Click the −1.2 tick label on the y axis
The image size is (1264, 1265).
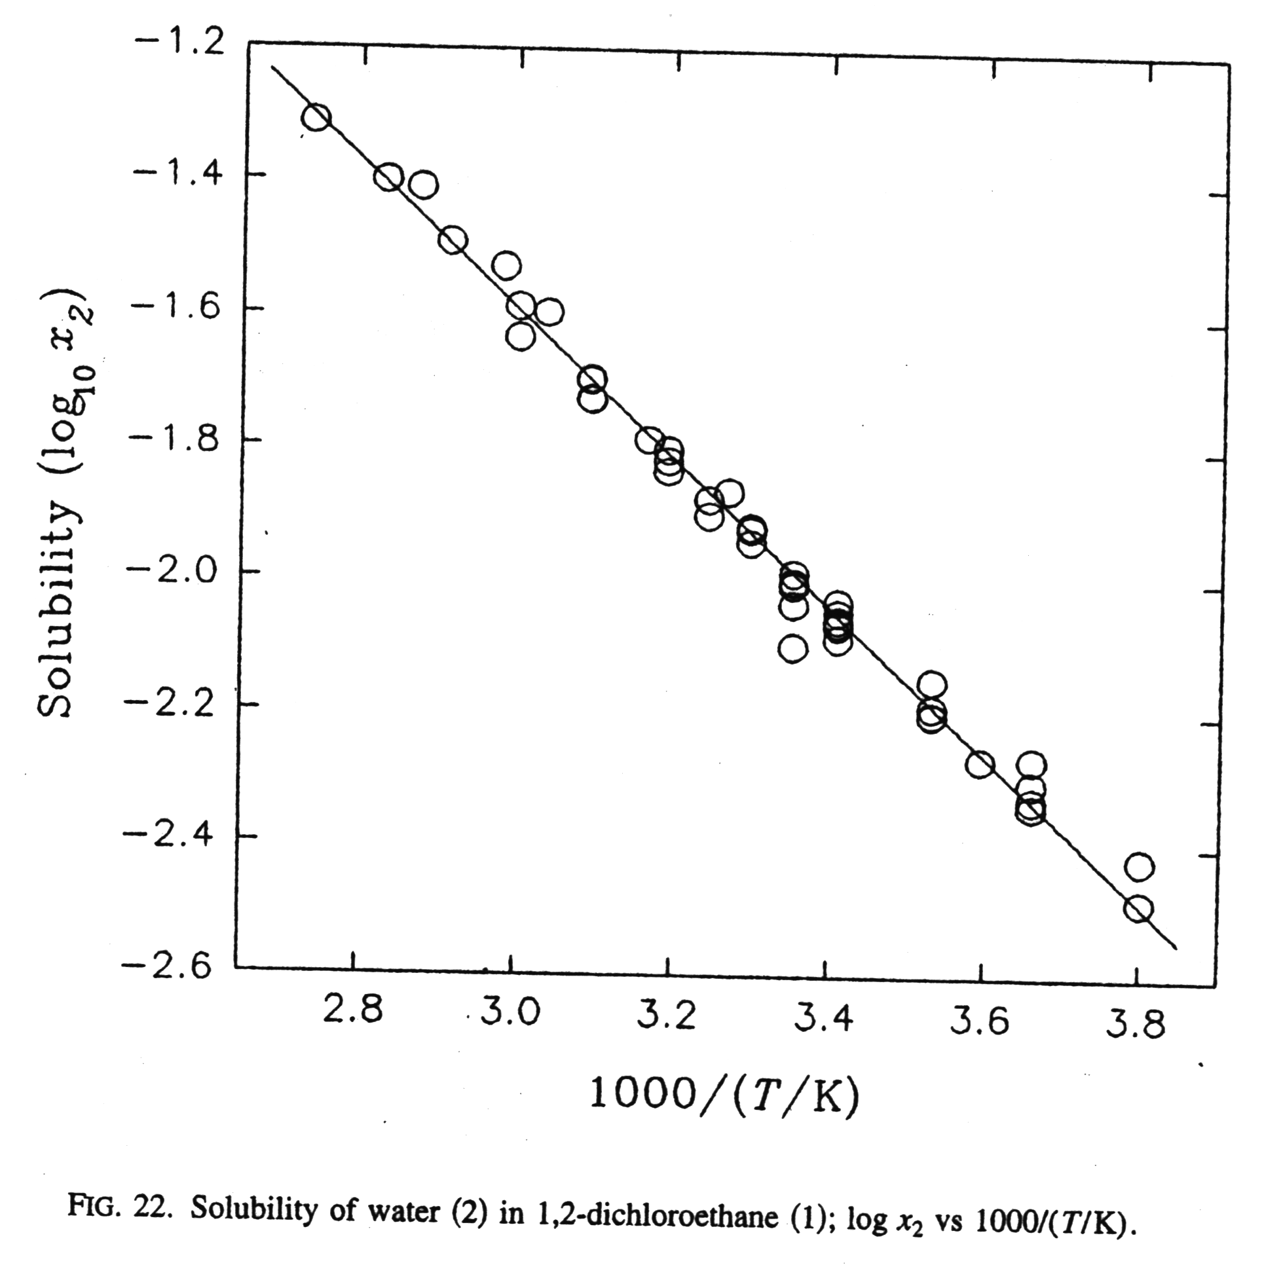click(x=187, y=44)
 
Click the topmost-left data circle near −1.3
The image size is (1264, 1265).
click(x=316, y=118)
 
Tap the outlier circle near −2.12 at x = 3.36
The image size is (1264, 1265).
click(x=793, y=650)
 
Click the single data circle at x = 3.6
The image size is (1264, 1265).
click(x=980, y=764)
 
